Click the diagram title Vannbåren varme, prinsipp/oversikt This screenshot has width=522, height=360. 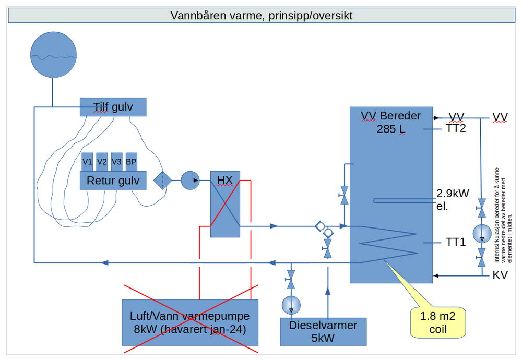261,16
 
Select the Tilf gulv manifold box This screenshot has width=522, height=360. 113,107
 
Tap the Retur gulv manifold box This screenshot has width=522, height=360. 113,181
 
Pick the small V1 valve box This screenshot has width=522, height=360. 88,162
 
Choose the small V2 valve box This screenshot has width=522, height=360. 102,162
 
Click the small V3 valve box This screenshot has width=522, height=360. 116,162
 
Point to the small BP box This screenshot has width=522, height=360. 131,162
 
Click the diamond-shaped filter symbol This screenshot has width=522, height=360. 163,181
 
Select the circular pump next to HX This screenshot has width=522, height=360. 191,181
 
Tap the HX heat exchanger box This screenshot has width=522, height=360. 225,204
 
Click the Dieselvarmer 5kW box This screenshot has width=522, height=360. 323,331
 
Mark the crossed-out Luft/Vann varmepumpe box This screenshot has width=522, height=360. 190,322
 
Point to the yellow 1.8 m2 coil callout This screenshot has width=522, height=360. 438,322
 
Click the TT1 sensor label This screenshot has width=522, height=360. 456,242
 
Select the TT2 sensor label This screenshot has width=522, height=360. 456,128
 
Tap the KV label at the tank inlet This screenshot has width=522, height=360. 500,275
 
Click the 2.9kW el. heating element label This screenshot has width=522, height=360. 453,199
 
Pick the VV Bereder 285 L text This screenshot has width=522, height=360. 390,122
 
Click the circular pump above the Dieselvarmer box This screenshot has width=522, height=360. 291,304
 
